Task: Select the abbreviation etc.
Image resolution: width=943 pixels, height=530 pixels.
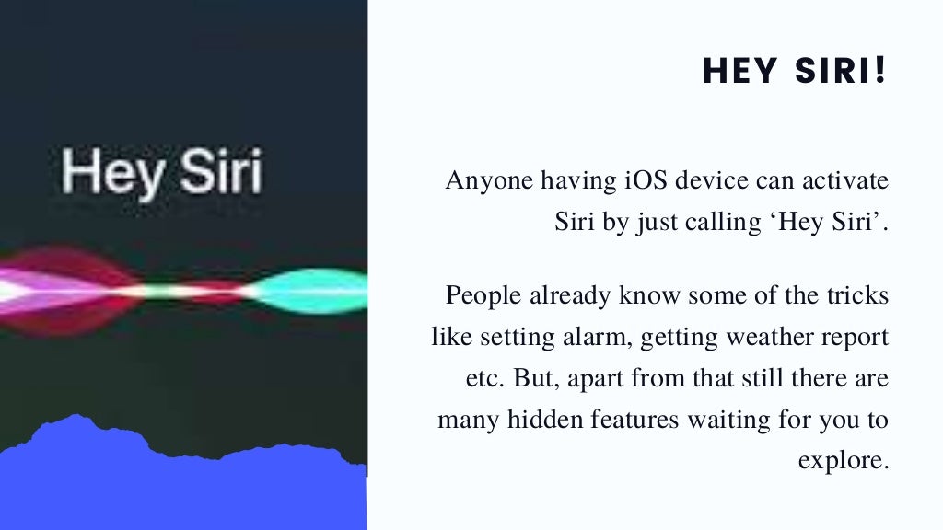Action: click(482, 379)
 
